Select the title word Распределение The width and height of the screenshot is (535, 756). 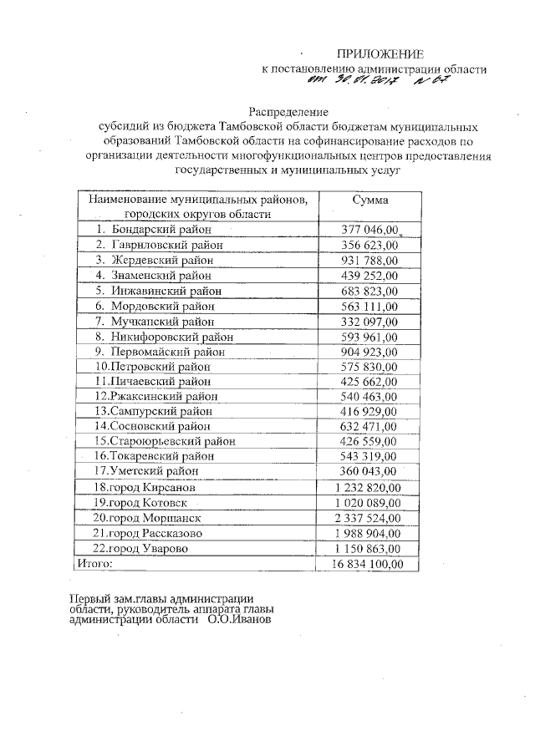(x=288, y=112)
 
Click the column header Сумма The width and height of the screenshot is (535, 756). (x=369, y=200)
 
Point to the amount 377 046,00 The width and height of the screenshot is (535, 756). (x=369, y=229)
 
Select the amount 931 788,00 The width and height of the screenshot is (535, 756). (x=369, y=260)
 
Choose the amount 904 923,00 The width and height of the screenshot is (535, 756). (x=369, y=352)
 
